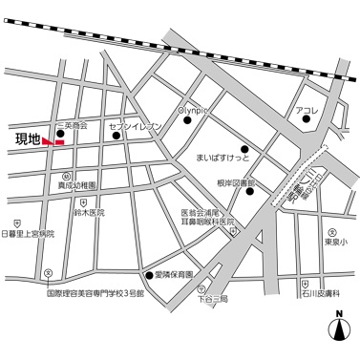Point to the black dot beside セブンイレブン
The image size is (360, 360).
point(117,136)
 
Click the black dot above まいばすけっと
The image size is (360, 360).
point(245,148)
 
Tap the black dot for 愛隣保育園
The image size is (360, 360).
point(148,275)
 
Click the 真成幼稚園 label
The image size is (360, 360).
point(75,185)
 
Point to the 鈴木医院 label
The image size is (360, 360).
point(87,212)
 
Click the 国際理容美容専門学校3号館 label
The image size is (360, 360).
point(95,295)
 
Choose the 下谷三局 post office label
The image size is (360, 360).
point(213,298)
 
